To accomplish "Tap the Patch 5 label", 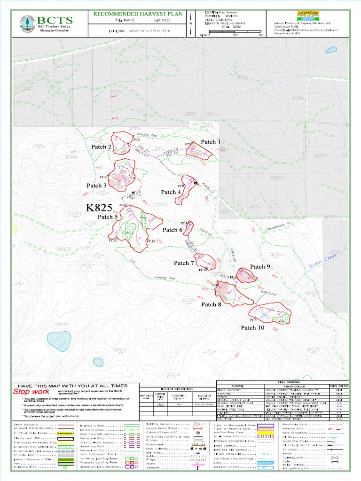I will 107,217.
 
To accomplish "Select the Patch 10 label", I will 252,327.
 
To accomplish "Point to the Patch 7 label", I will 184,263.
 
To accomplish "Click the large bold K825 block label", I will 99,208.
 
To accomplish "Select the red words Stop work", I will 31,391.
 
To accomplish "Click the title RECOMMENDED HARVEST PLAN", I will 138,14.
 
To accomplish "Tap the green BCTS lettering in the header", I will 55,20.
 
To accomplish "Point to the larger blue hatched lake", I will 59,339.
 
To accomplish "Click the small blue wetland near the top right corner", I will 331,49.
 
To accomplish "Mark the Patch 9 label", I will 260,267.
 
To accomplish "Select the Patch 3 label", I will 96,186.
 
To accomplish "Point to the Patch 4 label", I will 171,192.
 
